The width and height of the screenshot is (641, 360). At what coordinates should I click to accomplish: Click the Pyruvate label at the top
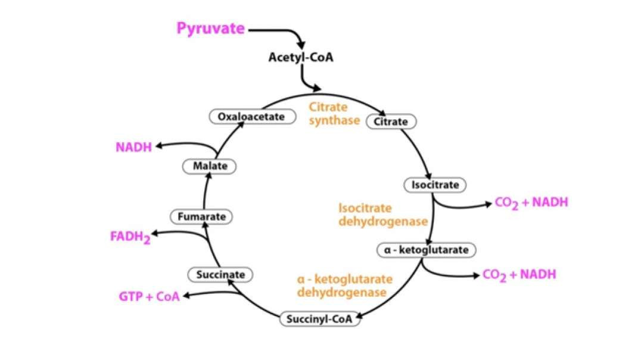(x=210, y=29)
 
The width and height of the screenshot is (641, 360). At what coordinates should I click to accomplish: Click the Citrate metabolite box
(x=391, y=122)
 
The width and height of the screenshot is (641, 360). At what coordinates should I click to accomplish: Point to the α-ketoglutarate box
(x=426, y=250)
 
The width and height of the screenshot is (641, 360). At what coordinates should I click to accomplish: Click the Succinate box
(x=220, y=275)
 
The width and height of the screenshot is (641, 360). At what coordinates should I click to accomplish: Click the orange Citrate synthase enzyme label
(x=334, y=114)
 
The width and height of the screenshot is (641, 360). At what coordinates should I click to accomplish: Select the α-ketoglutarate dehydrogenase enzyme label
(x=341, y=285)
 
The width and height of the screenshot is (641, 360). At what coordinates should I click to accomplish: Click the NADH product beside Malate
(x=134, y=147)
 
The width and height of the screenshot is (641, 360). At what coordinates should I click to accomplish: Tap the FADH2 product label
(x=130, y=237)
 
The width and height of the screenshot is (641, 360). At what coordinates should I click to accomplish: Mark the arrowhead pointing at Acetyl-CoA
(x=301, y=45)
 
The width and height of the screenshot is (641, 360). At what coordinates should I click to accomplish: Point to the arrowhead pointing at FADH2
(x=154, y=234)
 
